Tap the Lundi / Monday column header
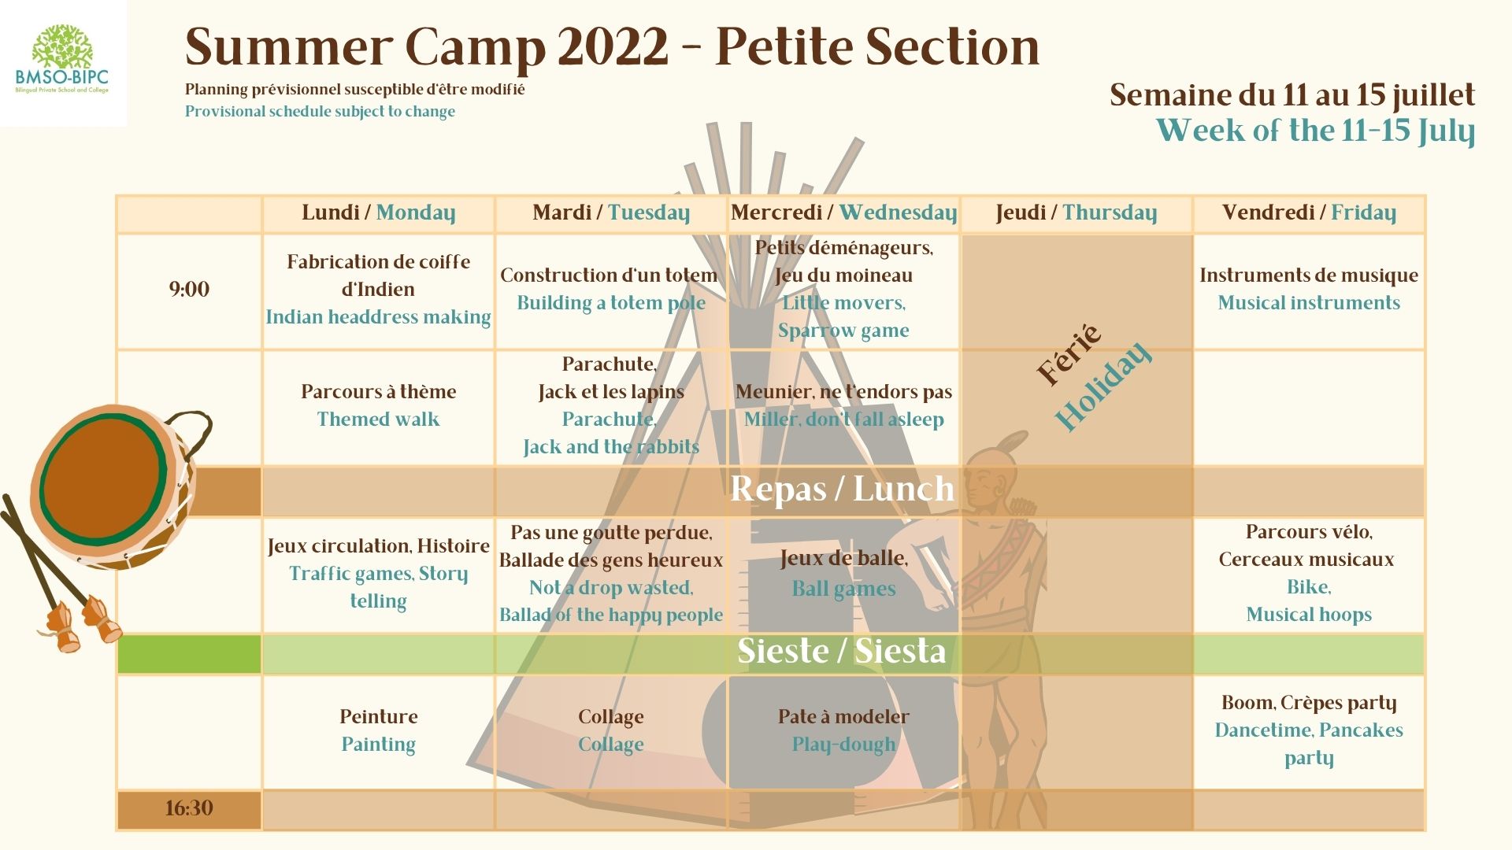point(378,213)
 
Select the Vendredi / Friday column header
point(1309,213)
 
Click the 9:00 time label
point(189,289)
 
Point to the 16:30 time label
point(189,808)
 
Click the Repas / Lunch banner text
point(842,489)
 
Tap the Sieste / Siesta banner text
point(841,651)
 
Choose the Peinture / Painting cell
point(378,730)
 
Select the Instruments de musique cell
point(1309,289)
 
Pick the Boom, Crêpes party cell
point(1309,730)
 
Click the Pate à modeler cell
point(843,730)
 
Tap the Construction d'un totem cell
point(610,289)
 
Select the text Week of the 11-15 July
point(1315,131)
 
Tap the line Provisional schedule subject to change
point(320,112)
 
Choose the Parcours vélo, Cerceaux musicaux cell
point(1309,573)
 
